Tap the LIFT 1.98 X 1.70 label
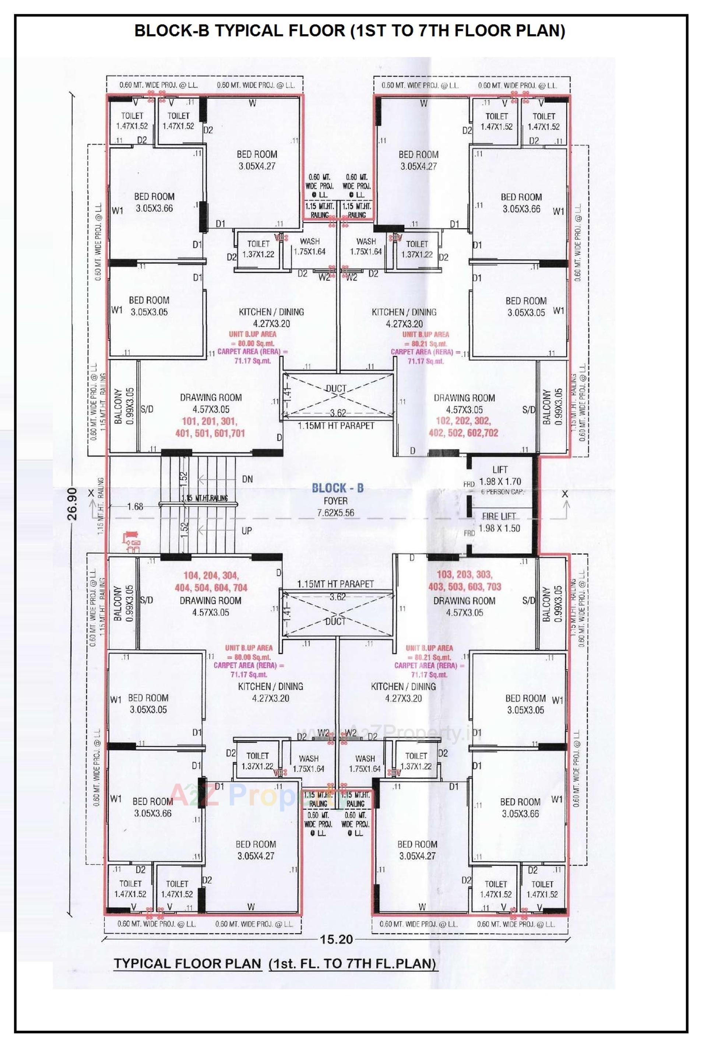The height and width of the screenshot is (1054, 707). pyautogui.click(x=500, y=476)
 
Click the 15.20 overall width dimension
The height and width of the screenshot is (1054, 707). pyautogui.click(x=336, y=939)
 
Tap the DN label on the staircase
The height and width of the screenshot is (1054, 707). pyautogui.click(x=247, y=479)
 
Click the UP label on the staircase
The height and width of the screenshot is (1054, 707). pyautogui.click(x=246, y=531)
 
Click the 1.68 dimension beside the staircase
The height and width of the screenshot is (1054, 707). pyautogui.click(x=135, y=507)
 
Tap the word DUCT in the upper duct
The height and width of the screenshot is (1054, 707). pyautogui.click(x=336, y=388)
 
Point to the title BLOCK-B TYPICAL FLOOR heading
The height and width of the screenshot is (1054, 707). pyautogui.click(x=349, y=31)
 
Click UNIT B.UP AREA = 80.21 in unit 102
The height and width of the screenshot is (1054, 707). pyautogui.click(x=426, y=339)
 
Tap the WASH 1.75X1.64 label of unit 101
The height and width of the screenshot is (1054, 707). pyautogui.click(x=309, y=247)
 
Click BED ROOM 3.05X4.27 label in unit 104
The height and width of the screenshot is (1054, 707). pyautogui.click(x=255, y=850)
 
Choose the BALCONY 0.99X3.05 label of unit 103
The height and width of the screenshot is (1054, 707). pyautogui.click(x=552, y=604)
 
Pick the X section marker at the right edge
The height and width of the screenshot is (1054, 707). pyautogui.click(x=564, y=494)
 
